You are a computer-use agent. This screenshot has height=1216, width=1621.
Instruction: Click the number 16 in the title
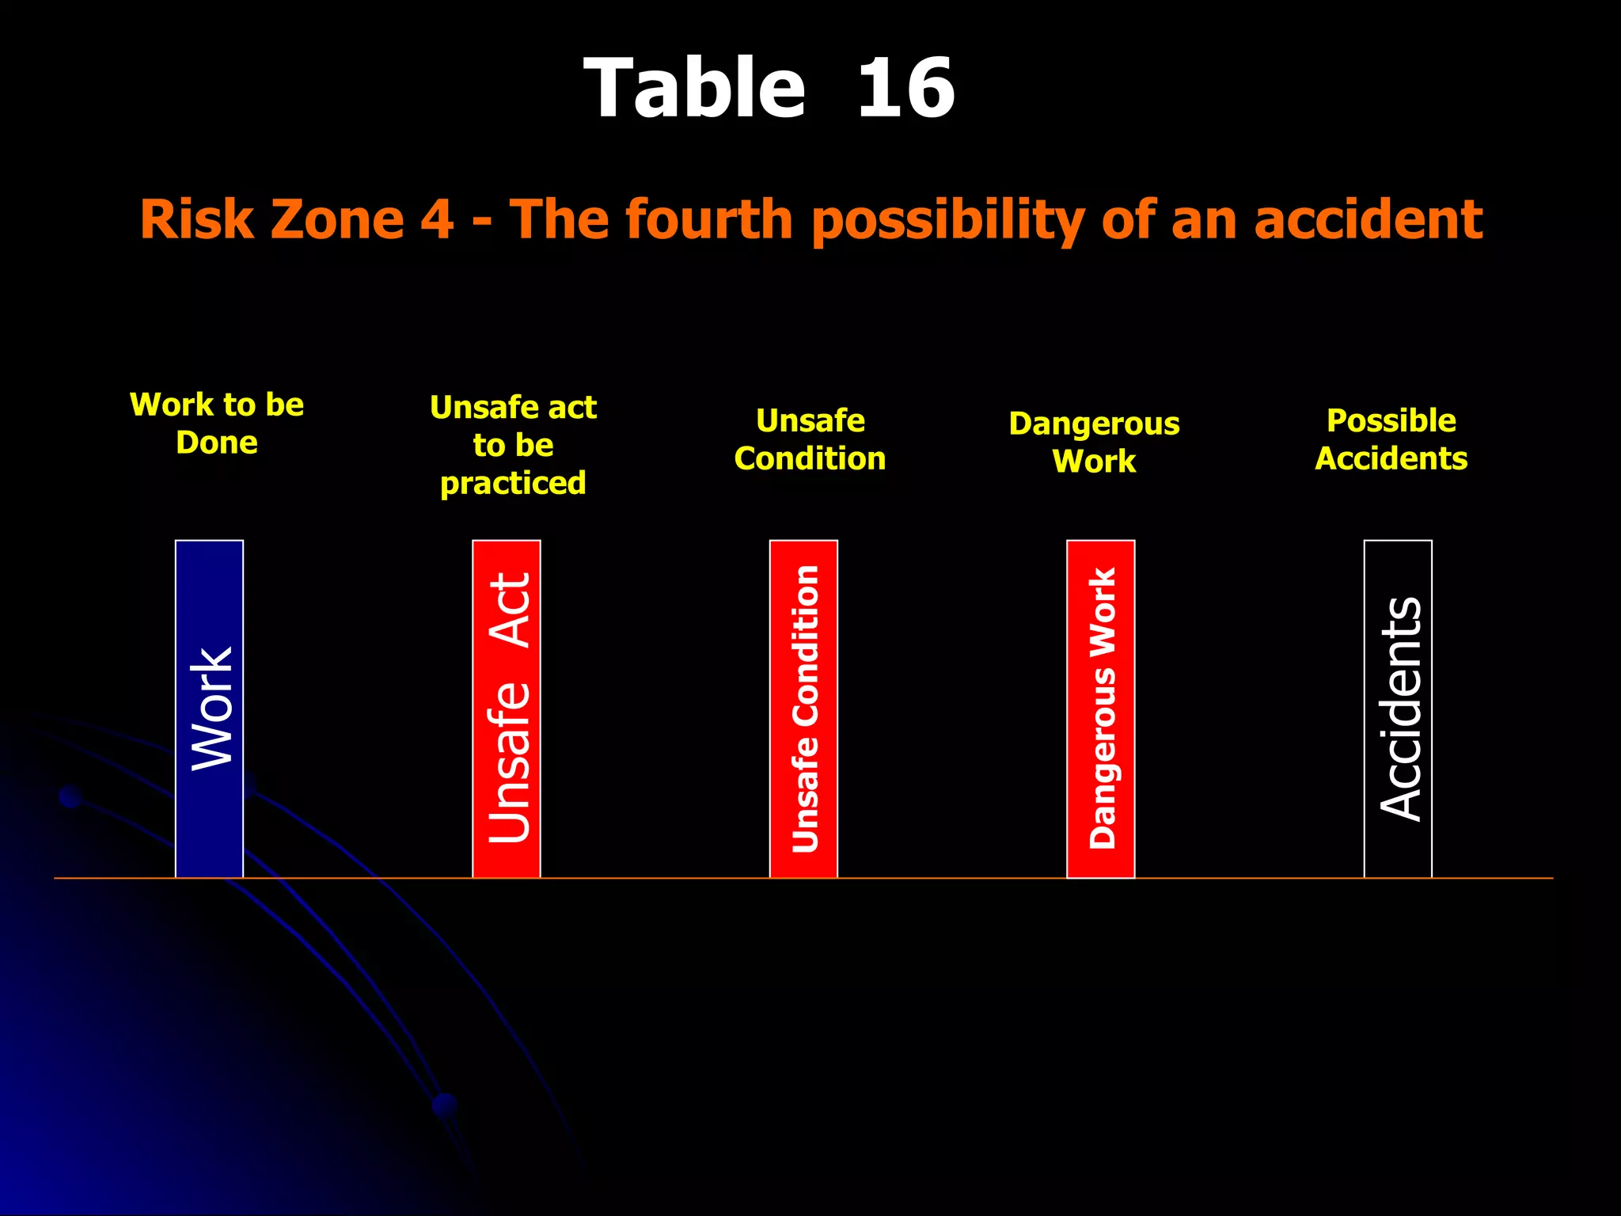tap(905, 89)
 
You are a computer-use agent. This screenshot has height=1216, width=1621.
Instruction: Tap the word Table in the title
tap(694, 89)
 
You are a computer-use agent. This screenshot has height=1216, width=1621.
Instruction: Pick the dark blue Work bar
tap(209, 709)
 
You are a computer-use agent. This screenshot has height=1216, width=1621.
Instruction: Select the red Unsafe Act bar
tap(507, 709)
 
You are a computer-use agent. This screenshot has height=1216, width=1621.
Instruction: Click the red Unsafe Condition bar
tap(803, 709)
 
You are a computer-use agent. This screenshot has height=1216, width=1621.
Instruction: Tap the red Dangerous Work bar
tap(1100, 709)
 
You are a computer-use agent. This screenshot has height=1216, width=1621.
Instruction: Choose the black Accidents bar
tap(1398, 709)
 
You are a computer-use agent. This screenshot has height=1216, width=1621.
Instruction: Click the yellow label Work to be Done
tap(217, 424)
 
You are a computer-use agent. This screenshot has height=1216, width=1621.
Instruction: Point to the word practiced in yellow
tap(513, 483)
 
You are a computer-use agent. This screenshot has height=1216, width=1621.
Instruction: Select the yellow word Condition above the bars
tap(810, 459)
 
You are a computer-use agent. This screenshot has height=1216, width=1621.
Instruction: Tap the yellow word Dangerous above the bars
tap(1094, 424)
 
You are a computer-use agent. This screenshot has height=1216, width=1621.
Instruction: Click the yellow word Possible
tap(1391, 420)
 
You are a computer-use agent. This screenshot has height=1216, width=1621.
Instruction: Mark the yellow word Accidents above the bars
tap(1391, 459)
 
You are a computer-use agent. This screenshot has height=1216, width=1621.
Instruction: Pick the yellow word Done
tap(217, 443)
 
